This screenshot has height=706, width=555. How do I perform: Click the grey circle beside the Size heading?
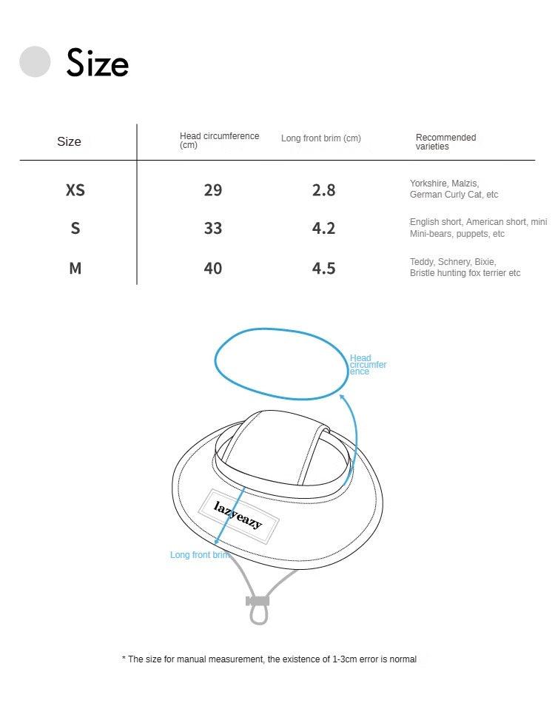coord(35,61)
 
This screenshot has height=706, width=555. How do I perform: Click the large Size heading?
coord(97,63)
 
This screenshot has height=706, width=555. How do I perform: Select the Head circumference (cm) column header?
coord(219,141)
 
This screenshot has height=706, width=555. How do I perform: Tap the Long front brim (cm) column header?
coord(320,138)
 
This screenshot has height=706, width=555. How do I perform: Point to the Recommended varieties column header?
coord(445,141)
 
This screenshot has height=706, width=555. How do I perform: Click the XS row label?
coord(75,190)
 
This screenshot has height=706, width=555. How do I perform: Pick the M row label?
coord(75,268)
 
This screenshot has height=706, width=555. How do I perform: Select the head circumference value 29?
coord(212,190)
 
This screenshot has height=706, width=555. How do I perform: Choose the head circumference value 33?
coord(212,229)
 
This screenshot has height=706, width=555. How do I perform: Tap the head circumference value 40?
coord(212,268)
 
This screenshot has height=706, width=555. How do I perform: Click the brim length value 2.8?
coord(323,190)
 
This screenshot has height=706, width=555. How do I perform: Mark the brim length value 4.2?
coord(323,229)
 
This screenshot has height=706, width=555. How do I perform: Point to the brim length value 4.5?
coord(323,268)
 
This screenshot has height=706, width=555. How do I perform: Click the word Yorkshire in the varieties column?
coord(428,184)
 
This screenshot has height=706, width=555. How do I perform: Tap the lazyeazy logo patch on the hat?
coord(238,515)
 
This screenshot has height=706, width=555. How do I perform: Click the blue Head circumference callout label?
coord(367,365)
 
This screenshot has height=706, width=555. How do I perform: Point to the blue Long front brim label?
coord(199,555)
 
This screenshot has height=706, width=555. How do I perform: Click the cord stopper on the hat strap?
coord(258,601)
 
